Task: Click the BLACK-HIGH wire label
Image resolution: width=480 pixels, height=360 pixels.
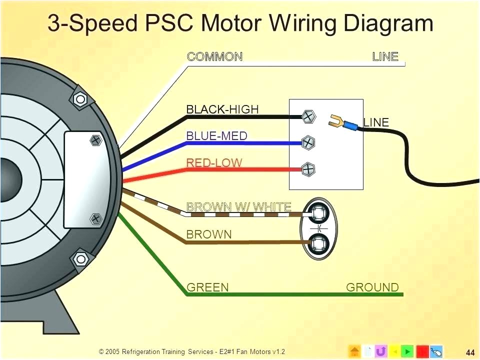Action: [222, 109]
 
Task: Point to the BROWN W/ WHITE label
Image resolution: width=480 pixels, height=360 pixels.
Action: [238, 206]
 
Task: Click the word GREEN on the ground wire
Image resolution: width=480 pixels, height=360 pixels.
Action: [207, 287]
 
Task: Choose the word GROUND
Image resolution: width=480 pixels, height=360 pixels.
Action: [372, 287]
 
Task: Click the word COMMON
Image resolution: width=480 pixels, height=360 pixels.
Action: [214, 56]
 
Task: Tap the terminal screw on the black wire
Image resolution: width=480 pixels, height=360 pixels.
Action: [309, 117]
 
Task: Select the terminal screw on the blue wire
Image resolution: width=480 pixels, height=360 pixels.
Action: [309, 143]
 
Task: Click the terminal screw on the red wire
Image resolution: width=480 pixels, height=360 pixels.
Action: [309, 169]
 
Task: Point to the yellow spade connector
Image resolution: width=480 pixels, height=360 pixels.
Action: [337, 120]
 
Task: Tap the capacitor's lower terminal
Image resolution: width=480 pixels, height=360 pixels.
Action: [318, 243]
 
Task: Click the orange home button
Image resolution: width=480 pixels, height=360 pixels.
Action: [354, 351]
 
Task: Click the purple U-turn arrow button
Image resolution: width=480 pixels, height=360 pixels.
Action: [381, 351]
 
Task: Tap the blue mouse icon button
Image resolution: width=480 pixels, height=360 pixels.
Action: [435, 351]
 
